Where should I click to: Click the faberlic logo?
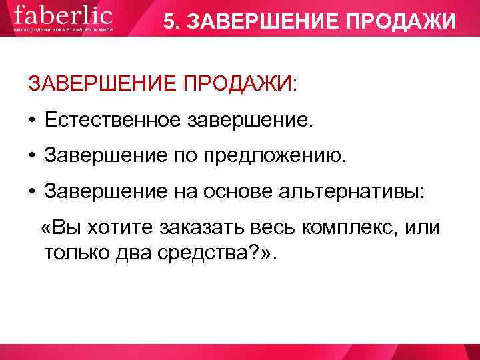pos(63,15)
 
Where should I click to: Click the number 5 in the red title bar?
pos(169,23)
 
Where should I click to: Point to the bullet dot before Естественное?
pos(31,121)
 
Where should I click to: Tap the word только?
pos(73,253)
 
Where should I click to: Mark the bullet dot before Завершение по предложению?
pos(31,157)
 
